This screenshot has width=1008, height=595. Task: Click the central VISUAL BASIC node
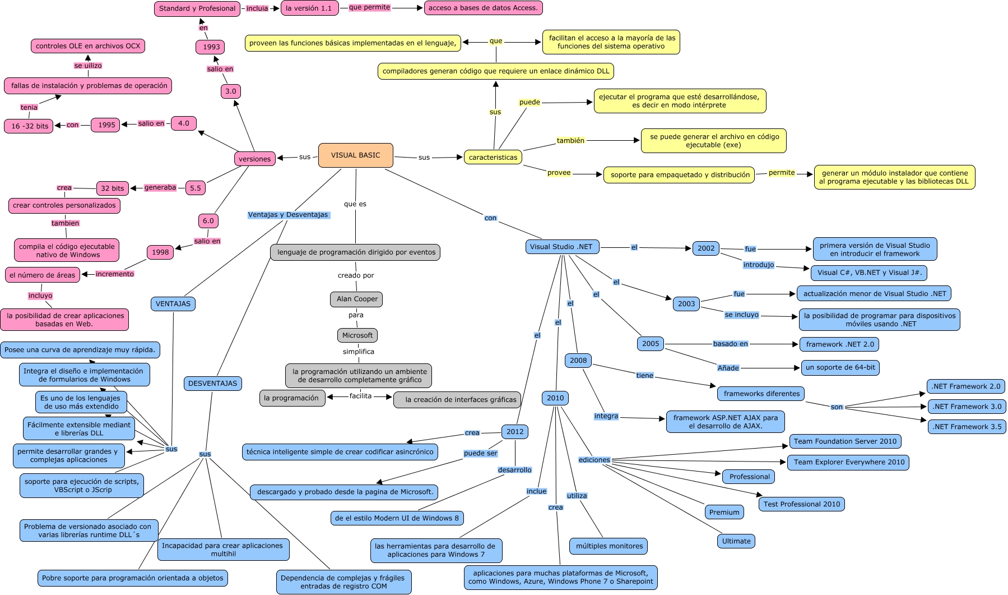coord(355,155)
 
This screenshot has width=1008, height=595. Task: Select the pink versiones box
coord(254,159)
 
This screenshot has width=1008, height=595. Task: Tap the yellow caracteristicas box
coord(493,158)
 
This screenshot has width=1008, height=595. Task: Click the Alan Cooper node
coord(357,299)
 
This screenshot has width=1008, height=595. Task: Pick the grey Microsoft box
coord(357,335)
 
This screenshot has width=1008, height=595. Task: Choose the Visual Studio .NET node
coord(561,247)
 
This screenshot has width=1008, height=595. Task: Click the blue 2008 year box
coord(578,361)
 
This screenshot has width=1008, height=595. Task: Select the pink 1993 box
coord(211,47)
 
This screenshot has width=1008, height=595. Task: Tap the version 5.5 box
coord(195,188)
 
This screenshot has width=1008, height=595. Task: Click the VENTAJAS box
coord(173,304)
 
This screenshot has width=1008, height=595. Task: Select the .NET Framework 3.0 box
coord(967,407)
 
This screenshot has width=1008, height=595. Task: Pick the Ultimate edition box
coord(736,541)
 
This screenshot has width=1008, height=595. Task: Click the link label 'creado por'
coord(355,275)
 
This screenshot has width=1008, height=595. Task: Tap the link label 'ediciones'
coord(594,460)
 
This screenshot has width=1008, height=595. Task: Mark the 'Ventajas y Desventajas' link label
coord(288,215)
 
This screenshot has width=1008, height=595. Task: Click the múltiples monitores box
coord(609,546)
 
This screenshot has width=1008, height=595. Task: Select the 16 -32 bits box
coord(29,126)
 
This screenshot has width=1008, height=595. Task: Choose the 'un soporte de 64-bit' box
coord(840,367)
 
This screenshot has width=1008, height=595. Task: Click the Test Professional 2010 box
coord(801,504)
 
